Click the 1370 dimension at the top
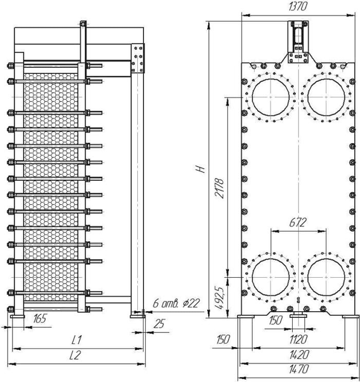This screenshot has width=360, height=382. [x=297, y=7]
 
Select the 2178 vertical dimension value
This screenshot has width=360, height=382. [x=220, y=188]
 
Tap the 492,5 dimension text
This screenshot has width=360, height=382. [x=220, y=298]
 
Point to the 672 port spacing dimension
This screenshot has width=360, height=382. [x=297, y=223]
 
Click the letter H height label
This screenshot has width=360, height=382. [x=202, y=169]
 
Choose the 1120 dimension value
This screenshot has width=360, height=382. [x=298, y=339]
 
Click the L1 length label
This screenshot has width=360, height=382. [x=77, y=340]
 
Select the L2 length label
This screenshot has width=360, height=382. [x=75, y=355]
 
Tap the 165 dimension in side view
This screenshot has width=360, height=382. [x=40, y=318]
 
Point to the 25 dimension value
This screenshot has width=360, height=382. [x=159, y=324]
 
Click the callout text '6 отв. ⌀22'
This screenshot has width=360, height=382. [x=176, y=303]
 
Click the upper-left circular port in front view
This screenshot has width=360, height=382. [x=271, y=79]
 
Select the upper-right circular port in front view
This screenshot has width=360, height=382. [x=326, y=79]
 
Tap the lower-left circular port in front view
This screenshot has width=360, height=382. [x=271, y=258]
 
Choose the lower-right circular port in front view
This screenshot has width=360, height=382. [x=326, y=258]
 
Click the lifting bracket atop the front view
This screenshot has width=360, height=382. [x=298, y=42]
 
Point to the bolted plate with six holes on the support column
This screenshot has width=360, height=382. [x=138, y=58]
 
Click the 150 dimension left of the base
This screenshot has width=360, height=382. [x=223, y=339]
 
